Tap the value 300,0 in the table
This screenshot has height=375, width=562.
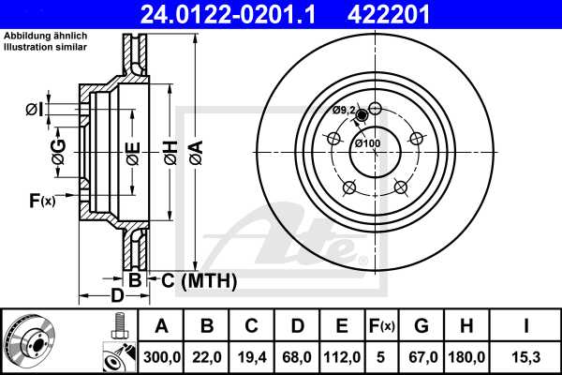point(163,355)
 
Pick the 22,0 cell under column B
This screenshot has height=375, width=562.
point(208,355)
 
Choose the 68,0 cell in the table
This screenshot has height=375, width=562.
point(297,355)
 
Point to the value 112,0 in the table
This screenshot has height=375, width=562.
point(342,355)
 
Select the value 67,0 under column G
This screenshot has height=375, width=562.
point(422,355)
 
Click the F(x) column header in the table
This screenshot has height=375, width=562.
point(382,326)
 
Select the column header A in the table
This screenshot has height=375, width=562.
point(163,326)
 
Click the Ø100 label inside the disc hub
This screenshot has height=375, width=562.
point(366,143)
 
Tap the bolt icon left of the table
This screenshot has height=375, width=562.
point(117,328)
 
